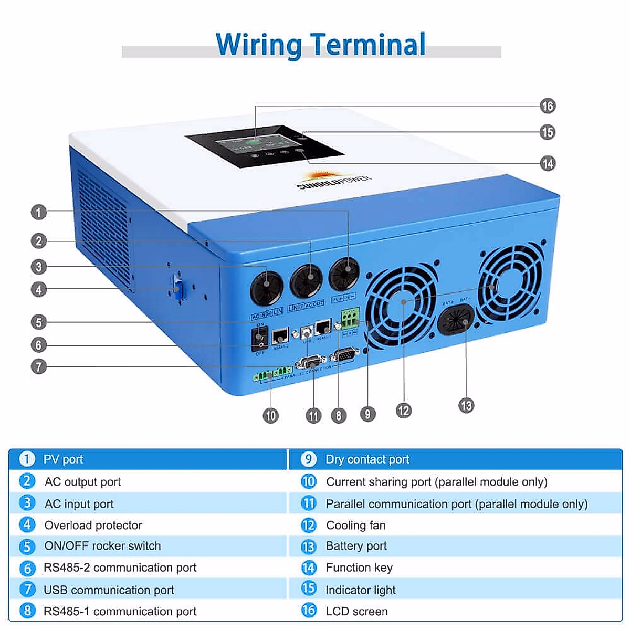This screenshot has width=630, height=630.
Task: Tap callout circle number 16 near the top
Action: (548, 106)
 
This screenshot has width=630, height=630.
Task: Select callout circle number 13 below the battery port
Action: (466, 405)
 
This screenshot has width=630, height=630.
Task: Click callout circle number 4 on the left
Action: (38, 289)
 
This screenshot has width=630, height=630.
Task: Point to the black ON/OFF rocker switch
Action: (260, 339)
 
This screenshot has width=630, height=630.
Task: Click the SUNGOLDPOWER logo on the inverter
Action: (333, 179)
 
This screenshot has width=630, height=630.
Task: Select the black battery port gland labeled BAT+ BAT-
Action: (456, 320)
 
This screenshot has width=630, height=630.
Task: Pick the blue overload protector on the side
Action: (179, 289)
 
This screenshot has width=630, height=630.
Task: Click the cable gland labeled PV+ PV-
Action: (344, 275)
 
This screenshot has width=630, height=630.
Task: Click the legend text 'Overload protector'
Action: (93, 525)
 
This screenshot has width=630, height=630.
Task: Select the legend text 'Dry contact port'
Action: (367, 459)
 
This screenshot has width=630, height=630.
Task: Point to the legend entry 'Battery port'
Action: (356, 546)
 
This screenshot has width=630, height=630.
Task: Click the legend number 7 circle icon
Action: (27, 589)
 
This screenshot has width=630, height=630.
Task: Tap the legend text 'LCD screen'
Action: (356, 611)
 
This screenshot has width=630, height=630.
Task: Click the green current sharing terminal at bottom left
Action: (272, 373)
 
